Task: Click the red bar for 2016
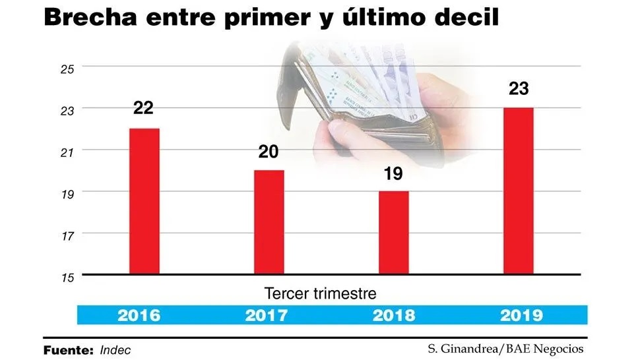coord(144,200)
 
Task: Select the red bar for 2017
coord(269,222)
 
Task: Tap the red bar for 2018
coord(393,232)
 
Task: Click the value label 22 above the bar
coord(143,108)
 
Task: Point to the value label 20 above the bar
coord(269,152)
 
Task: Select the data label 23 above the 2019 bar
coord(519,88)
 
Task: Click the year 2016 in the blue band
coord(139,315)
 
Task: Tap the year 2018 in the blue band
coord(394,315)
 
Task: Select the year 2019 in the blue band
coord(521,315)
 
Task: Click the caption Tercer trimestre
coord(321,293)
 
